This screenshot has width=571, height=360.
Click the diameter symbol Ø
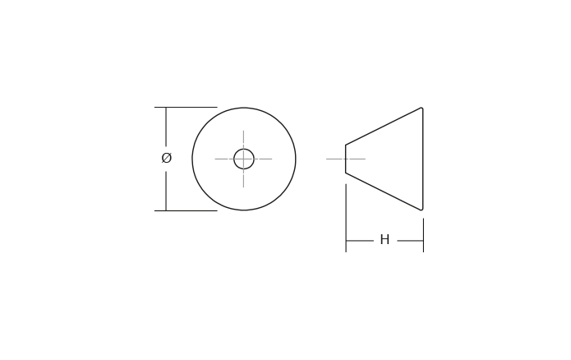point(167,159)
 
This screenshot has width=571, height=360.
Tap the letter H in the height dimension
point(385,240)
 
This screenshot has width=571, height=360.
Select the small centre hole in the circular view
point(244,159)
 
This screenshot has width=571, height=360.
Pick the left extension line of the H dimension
point(346,218)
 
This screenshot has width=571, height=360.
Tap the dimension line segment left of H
point(360,241)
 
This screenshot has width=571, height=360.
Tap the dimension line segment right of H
point(410,241)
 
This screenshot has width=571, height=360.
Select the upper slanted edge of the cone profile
point(384,126)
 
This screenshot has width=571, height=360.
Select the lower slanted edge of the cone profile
point(384,192)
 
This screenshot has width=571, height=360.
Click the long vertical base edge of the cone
point(422,159)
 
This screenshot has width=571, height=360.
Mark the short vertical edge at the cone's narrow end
point(345,159)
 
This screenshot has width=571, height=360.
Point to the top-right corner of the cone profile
point(421,108)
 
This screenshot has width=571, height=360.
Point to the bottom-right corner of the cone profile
point(421,210)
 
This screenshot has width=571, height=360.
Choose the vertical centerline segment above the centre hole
point(243,138)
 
